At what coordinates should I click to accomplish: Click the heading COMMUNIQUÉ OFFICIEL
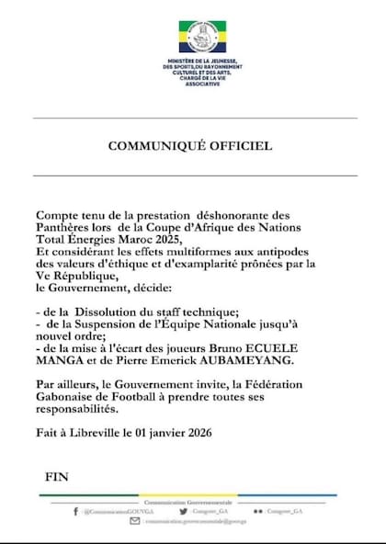[x=189, y=145]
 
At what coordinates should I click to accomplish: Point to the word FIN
[x=57, y=478]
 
